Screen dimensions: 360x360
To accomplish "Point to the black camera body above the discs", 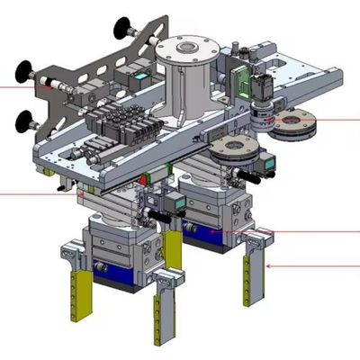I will coord(263,87).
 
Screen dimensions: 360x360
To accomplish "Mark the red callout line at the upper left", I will coord(18,86).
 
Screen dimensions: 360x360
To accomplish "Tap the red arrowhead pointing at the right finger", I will coord(274,265).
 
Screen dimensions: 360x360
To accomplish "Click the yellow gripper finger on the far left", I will coord(80,292).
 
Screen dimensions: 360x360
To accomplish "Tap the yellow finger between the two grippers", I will coord(172,252).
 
